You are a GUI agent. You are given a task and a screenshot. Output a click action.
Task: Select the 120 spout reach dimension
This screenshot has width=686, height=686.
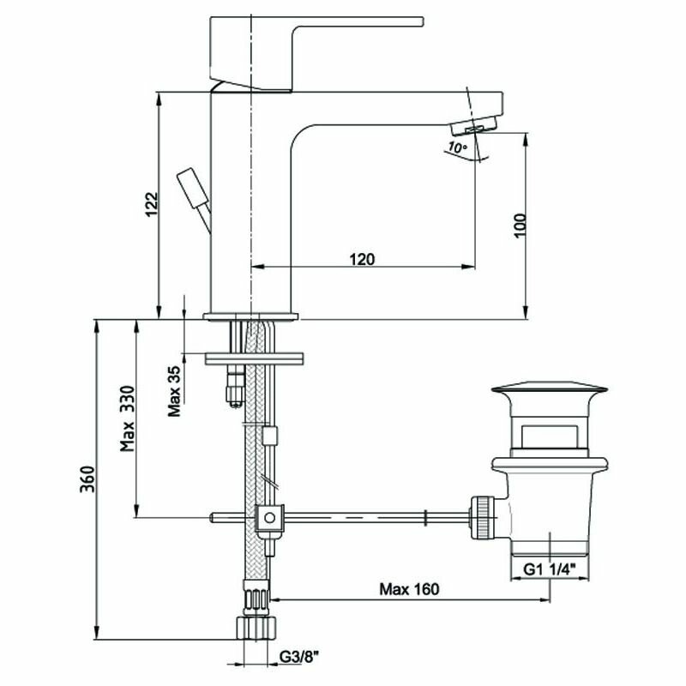(x=361, y=259)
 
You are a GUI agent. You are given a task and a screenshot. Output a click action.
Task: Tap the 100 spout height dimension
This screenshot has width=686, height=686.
(x=518, y=224)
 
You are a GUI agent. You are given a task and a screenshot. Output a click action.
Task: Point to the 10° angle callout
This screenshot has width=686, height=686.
(x=457, y=148)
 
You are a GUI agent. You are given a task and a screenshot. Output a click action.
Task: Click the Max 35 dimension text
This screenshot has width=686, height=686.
(x=174, y=389)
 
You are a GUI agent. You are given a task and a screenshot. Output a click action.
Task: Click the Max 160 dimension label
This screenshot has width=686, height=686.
(x=409, y=589)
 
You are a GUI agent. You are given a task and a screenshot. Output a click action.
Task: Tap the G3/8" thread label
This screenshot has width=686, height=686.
(x=299, y=657)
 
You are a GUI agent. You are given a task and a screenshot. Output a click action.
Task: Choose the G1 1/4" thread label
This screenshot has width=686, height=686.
(x=549, y=568)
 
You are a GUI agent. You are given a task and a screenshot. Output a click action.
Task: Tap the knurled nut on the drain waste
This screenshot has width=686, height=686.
(x=483, y=515)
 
